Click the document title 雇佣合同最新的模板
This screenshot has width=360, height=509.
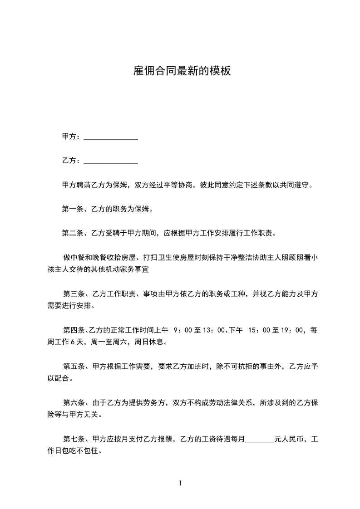182,71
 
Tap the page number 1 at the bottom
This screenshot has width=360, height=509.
180,483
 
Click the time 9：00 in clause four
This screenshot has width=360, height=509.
182,330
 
